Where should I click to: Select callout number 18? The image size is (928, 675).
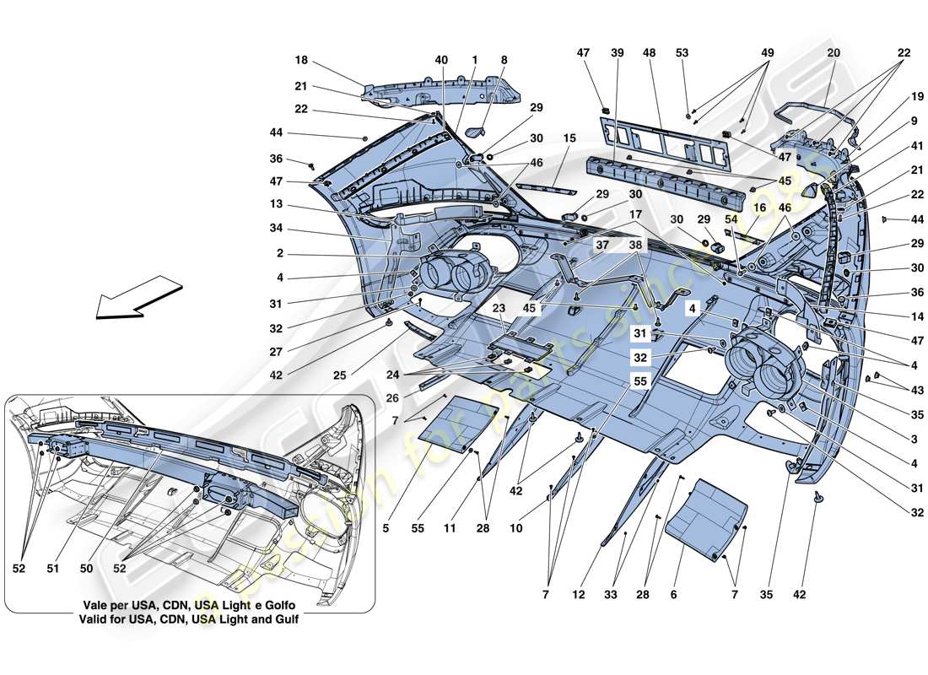pyautogui.click(x=301, y=61)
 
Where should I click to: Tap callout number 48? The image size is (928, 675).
pyautogui.click(x=649, y=53)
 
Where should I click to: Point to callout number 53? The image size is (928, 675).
pyautogui.click(x=682, y=53)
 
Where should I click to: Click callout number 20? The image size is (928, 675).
pyautogui.click(x=834, y=53)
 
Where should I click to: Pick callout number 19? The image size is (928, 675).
pyautogui.click(x=916, y=97)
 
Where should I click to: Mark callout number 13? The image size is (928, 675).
pyautogui.click(x=301, y=205)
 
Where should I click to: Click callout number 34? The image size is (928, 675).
pyautogui.click(x=301, y=229)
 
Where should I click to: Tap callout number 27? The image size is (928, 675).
pyautogui.click(x=301, y=353)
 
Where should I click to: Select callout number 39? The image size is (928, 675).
pyautogui.click(x=617, y=53)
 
